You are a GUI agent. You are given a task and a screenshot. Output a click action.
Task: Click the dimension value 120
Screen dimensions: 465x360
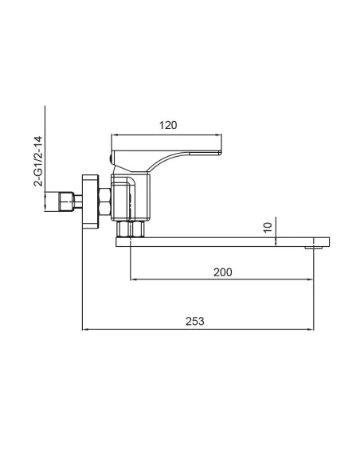tap(167, 125)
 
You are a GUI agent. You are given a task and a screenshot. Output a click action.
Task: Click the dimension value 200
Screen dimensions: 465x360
tap(223, 272)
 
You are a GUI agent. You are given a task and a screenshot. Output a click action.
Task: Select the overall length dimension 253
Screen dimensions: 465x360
tap(195, 321)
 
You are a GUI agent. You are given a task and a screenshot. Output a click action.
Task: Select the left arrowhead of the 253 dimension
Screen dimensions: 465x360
tap(85, 329)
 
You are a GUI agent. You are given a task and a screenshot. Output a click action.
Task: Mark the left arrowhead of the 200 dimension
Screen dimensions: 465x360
tap(132, 279)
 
